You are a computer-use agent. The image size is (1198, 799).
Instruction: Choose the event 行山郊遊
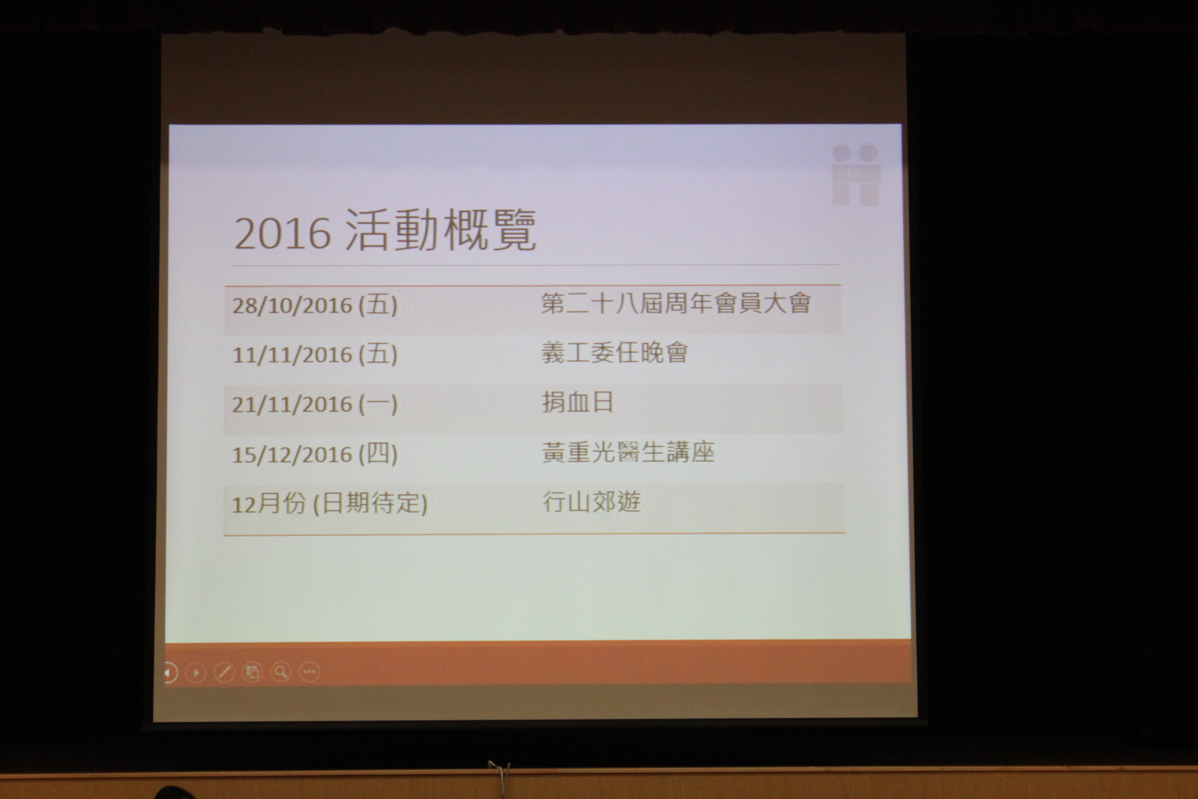coord(591,501)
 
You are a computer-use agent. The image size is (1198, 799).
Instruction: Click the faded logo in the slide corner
coord(856,175)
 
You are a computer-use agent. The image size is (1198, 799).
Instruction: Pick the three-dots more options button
coord(309,672)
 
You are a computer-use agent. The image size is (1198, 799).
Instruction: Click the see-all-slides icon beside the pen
coord(252,672)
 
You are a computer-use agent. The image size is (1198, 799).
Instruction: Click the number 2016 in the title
coord(283,233)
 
